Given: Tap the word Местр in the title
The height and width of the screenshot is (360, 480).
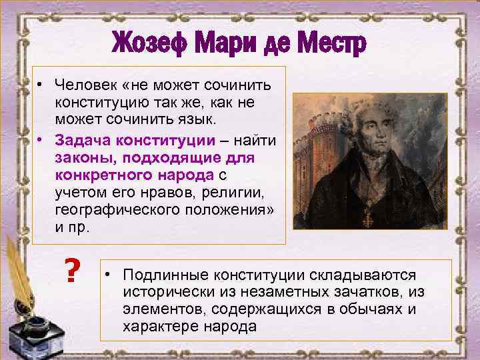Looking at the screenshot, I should click(x=330, y=45).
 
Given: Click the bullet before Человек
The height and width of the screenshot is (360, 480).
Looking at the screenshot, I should click(x=41, y=85).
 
